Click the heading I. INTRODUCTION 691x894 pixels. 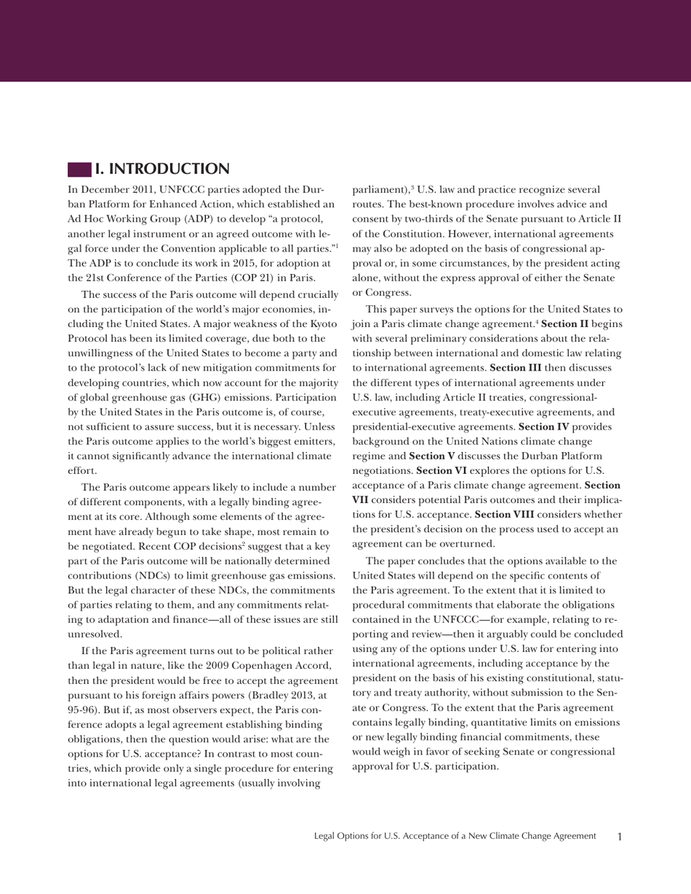[x=162, y=169]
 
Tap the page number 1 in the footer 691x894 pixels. [x=620, y=837]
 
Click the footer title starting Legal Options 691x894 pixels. [x=455, y=837]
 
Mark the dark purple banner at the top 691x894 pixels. [x=345, y=41]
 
